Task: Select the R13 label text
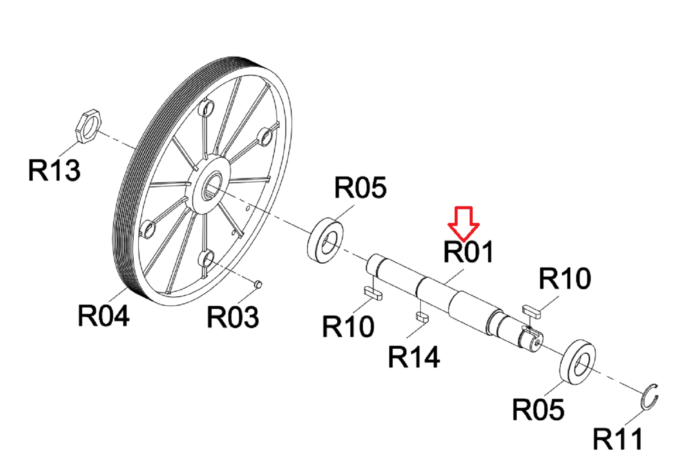click(54, 170)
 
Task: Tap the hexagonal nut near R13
click(88, 125)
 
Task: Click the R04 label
click(103, 316)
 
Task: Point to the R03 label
click(233, 317)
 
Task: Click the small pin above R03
click(258, 284)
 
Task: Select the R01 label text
click(468, 252)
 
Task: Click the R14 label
click(414, 357)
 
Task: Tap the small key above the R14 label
click(422, 316)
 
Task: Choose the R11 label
click(618, 439)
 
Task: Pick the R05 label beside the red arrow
click(360, 187)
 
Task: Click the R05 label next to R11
click(538, 409)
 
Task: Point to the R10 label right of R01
click(565, 278)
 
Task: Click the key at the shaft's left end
click(373, 293)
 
